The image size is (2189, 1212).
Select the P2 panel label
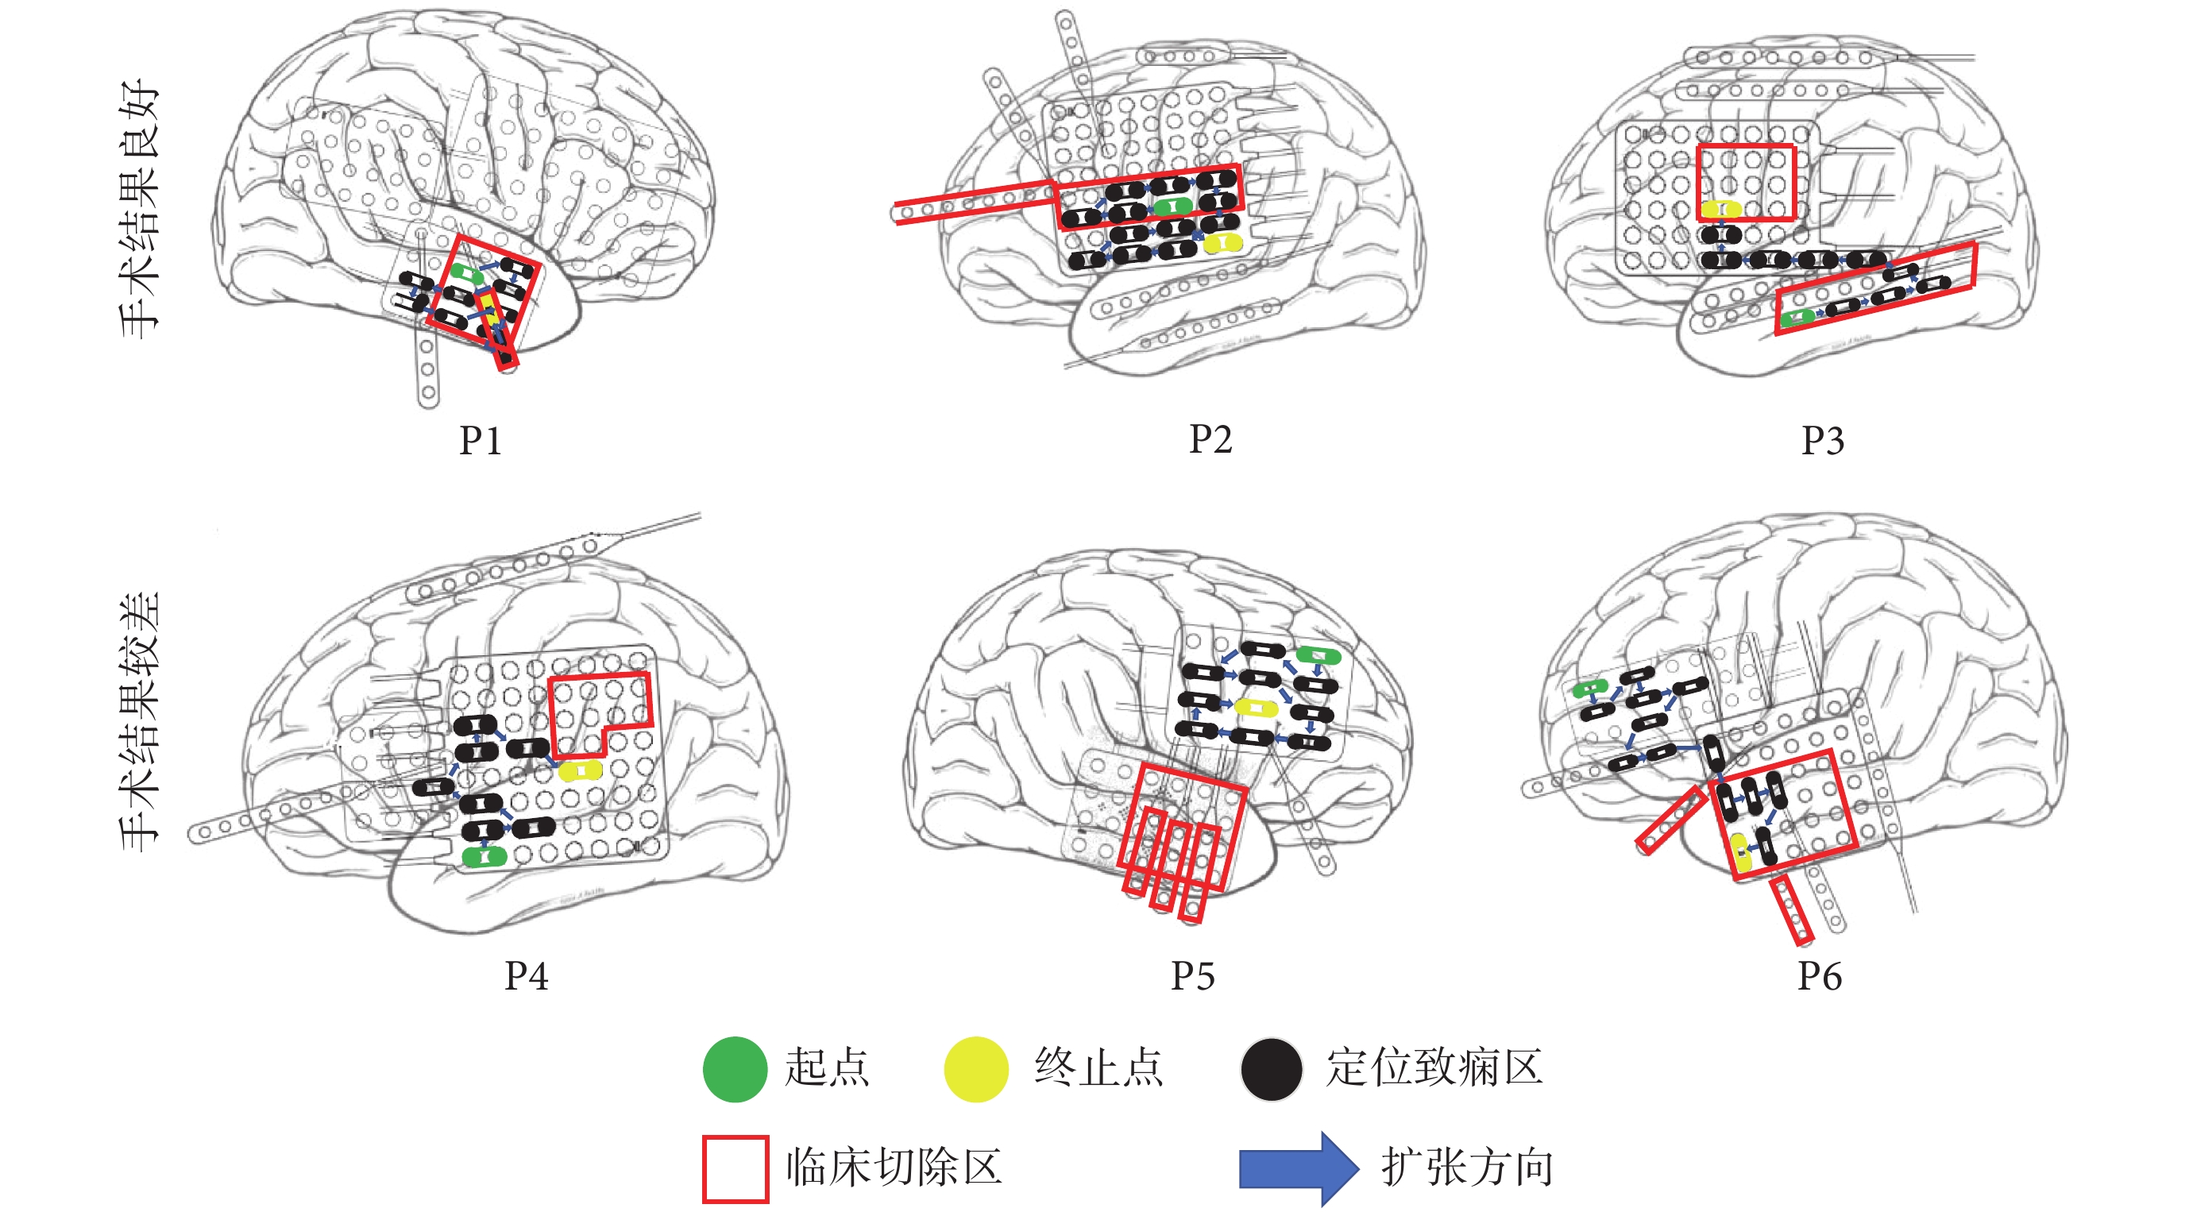1210,438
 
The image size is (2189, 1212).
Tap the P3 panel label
1823,440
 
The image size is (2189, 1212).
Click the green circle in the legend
735,1069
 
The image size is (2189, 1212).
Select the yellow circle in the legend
975,1069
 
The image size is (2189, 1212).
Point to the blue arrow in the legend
1298,1168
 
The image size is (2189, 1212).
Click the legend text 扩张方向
1468,1167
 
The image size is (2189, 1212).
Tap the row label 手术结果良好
138,208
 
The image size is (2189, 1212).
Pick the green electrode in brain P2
1172,206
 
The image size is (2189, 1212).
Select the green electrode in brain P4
485,856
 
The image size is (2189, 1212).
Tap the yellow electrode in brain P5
1256,707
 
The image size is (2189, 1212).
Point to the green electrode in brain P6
1590,689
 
